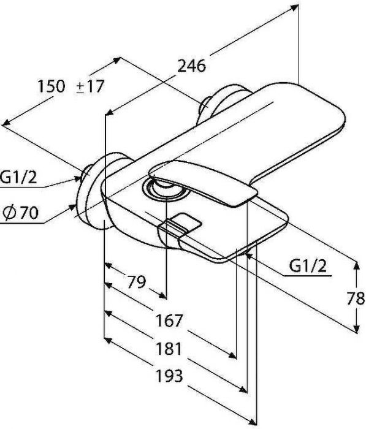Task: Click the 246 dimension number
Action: coord(192,66)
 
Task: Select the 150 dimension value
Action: coord(51,86)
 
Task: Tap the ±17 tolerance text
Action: coord(90,86)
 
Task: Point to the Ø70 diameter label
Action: coord(21,213)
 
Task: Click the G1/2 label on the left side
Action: coord(18,177)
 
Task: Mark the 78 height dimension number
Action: coord(356,298)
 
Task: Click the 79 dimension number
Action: coord(136,282)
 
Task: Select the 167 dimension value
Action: coord(169,321)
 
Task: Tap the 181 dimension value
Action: coord(169,349)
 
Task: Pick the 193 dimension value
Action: coord(169,376)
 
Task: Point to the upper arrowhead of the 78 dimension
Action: coord(356,265)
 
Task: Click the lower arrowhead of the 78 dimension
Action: coord(356,329)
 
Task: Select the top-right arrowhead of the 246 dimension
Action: coord(294,7)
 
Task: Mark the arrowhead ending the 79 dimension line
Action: coord(162,295)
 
